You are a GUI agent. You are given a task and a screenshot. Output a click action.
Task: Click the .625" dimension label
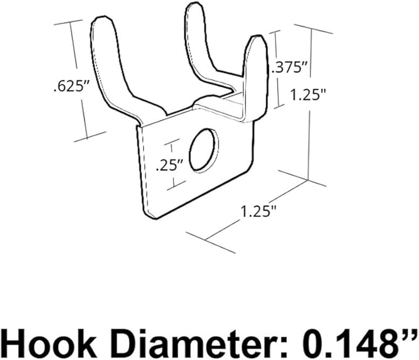pyautogui.click(x=68, y=86)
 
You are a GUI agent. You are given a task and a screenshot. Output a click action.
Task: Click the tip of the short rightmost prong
pyautogui.click(x=255, y=40)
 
